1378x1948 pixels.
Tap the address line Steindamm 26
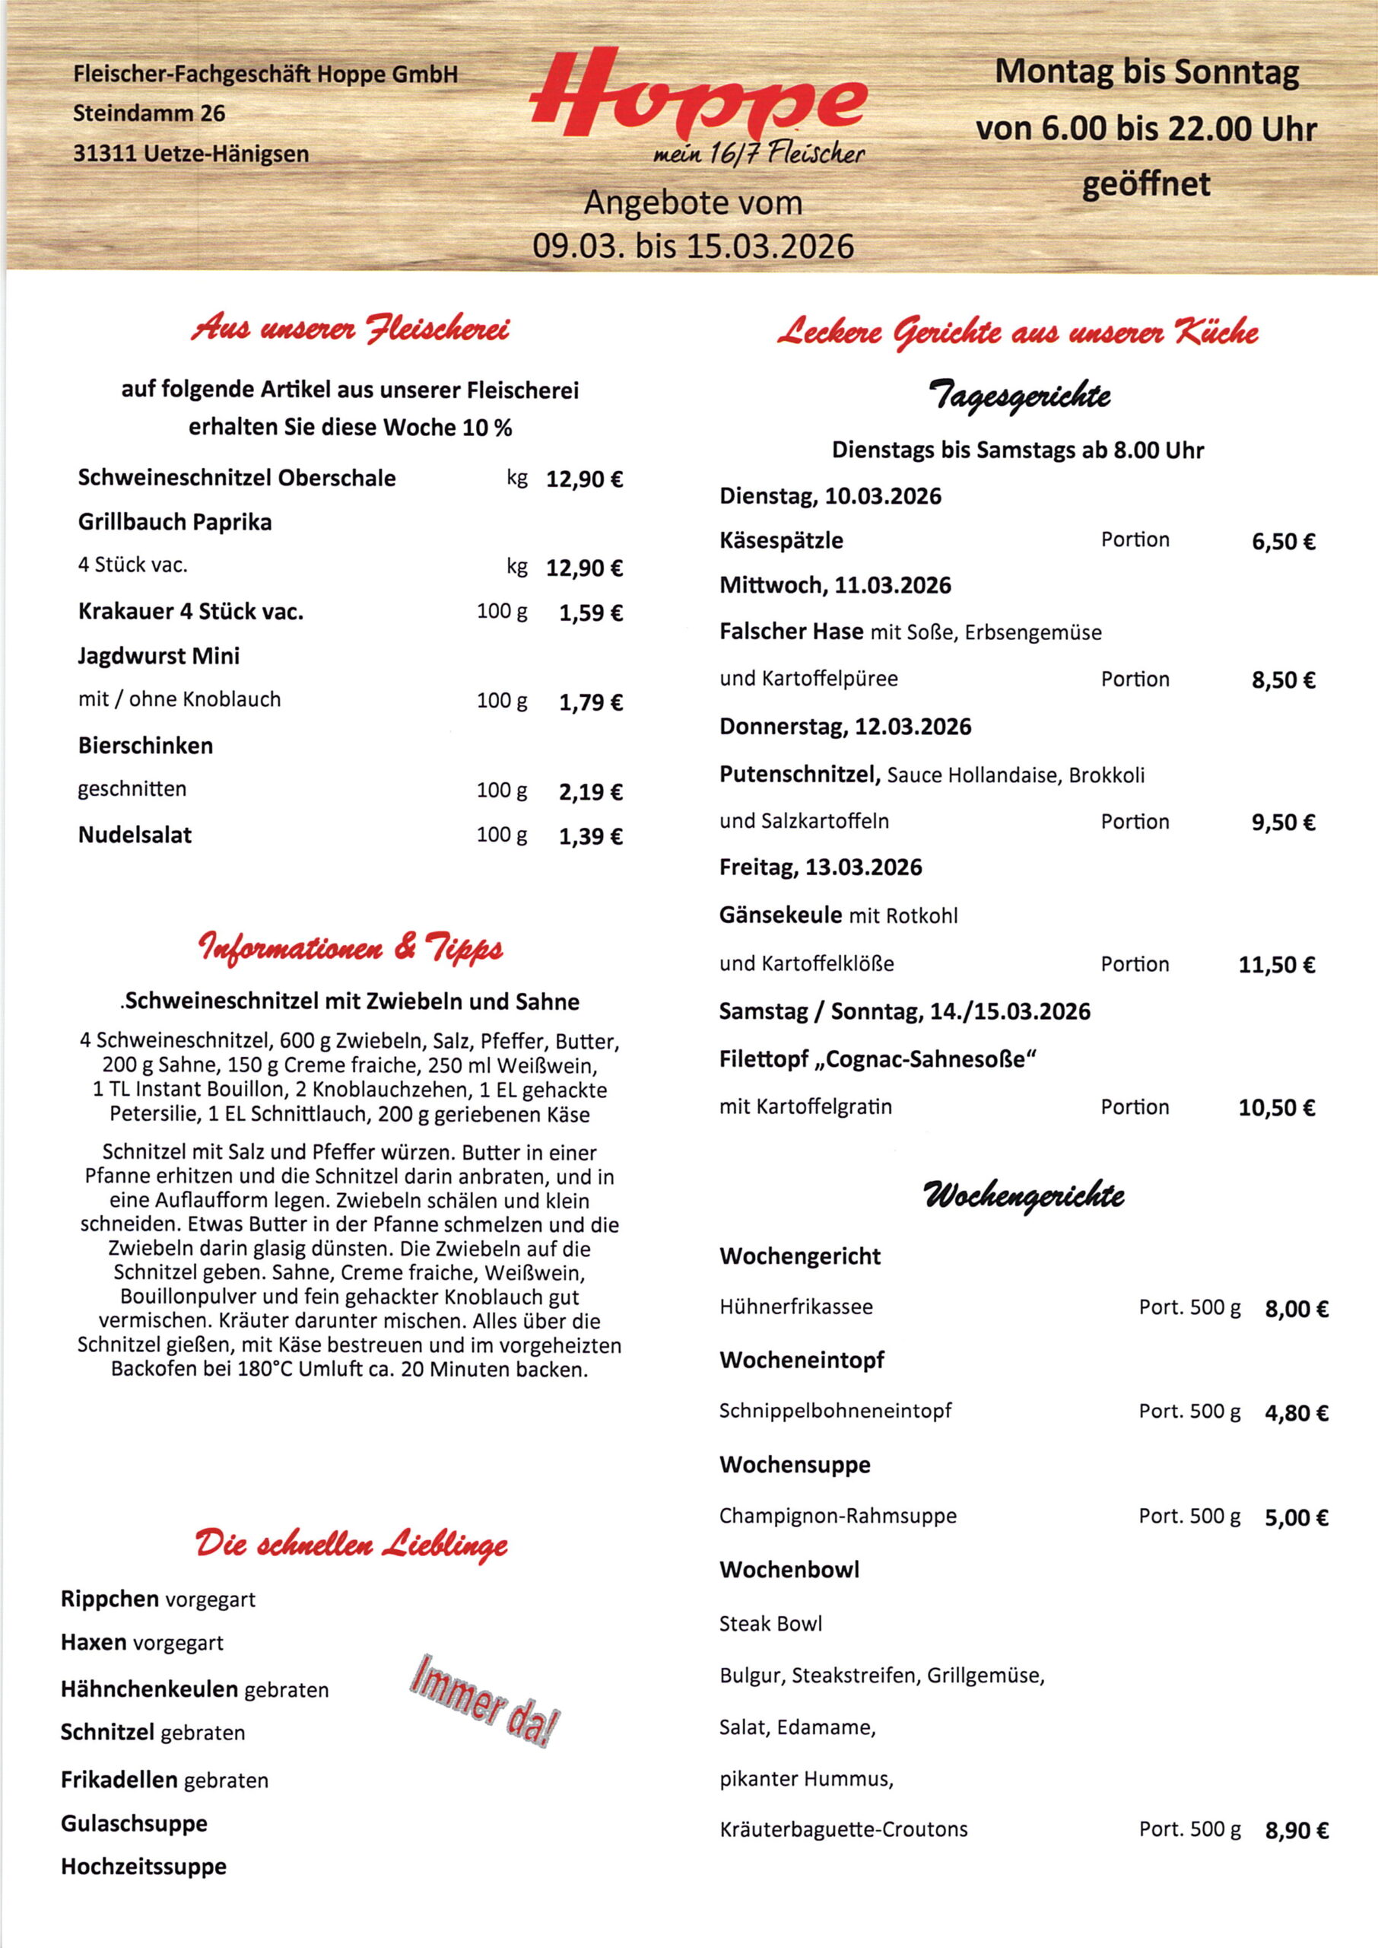pos(149,113)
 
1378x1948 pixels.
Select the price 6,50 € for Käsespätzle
pos(1283,542)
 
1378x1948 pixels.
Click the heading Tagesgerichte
pos(1020,395)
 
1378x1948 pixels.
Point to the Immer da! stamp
pos(484,1701)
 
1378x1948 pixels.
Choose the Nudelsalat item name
pos(135,836)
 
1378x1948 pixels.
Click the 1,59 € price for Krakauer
pos(591,613)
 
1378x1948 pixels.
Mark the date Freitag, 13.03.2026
pos(820,867)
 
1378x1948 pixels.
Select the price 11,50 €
pos(1276,965)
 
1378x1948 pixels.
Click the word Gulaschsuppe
pos(134,1823)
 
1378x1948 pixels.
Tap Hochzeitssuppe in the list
pos(144,1867)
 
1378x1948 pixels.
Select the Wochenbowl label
pos(789,1571)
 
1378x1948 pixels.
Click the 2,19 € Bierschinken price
pos(591,792)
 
